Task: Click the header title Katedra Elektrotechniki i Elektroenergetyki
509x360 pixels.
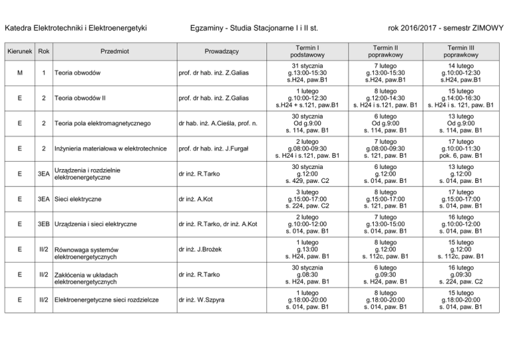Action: tap(75, 28)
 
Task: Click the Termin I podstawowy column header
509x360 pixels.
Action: tap(308, 52)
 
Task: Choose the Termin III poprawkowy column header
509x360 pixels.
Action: tap(459, 52)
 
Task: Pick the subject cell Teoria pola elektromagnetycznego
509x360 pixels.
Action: tap(105, 123)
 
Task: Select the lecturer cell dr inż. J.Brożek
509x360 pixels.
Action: tap(201, 250)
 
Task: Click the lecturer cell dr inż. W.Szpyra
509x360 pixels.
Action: tap(201, 300)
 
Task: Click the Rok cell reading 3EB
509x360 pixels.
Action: tap(44, 225)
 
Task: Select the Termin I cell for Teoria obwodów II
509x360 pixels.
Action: tap(308, 98)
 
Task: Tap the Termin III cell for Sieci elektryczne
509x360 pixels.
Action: tap(459, 199)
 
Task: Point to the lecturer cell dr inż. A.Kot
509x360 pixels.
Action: tap(197, 199)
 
